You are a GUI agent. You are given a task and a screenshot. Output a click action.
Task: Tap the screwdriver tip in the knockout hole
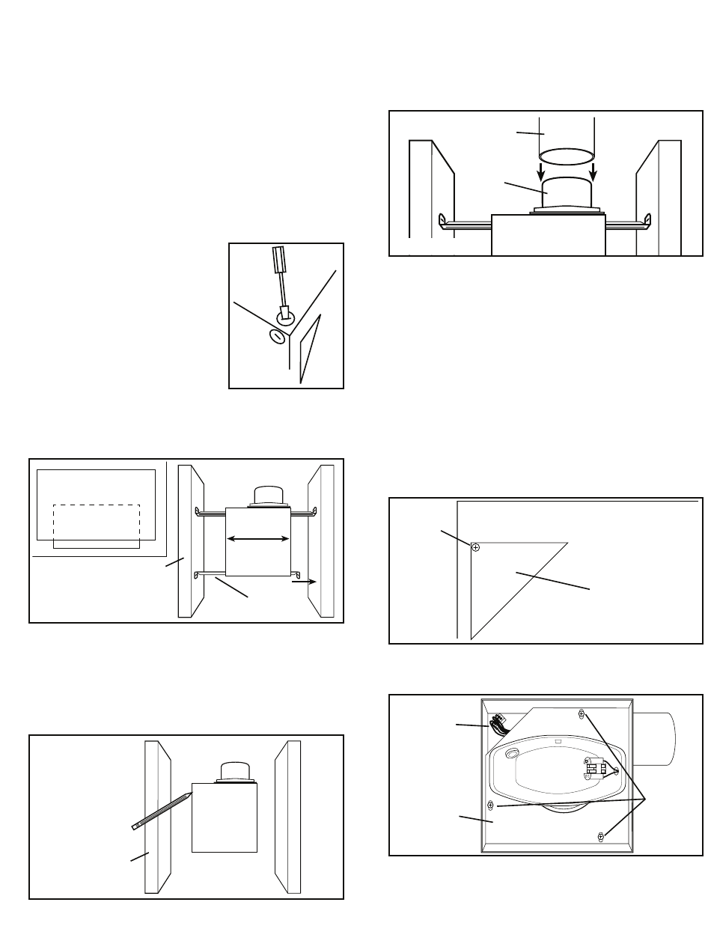(x=284, y=313)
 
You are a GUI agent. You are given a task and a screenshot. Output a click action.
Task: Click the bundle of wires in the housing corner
(x=496, y=726)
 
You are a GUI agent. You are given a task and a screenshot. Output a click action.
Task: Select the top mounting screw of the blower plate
(x=582, y=716)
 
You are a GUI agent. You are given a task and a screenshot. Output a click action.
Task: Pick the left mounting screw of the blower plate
(x=491, y=805)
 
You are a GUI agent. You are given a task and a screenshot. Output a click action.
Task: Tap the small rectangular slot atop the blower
(x=558, y=744)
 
